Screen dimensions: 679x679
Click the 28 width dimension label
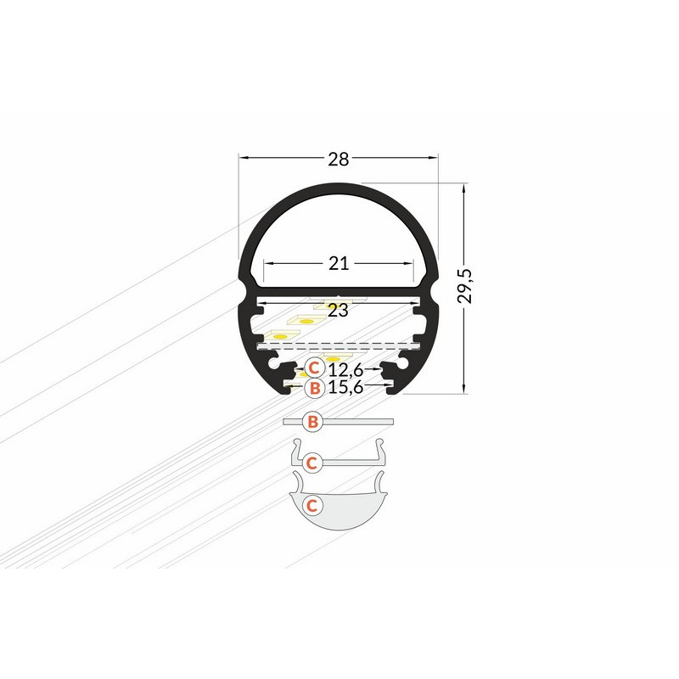tap(338, 160)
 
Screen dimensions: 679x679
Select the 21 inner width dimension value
tap(339, 263)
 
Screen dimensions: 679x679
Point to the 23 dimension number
tap(338, 311)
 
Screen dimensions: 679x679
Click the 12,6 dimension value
tap(345, 370)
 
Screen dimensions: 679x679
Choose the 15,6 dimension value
tap(345, 387)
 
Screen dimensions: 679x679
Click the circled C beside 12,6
tap(314, 368)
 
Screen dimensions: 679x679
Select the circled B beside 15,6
tap(315, 388)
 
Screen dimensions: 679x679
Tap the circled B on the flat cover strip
tap(313, 421)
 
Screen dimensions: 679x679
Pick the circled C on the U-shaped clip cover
tap(311, 463)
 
